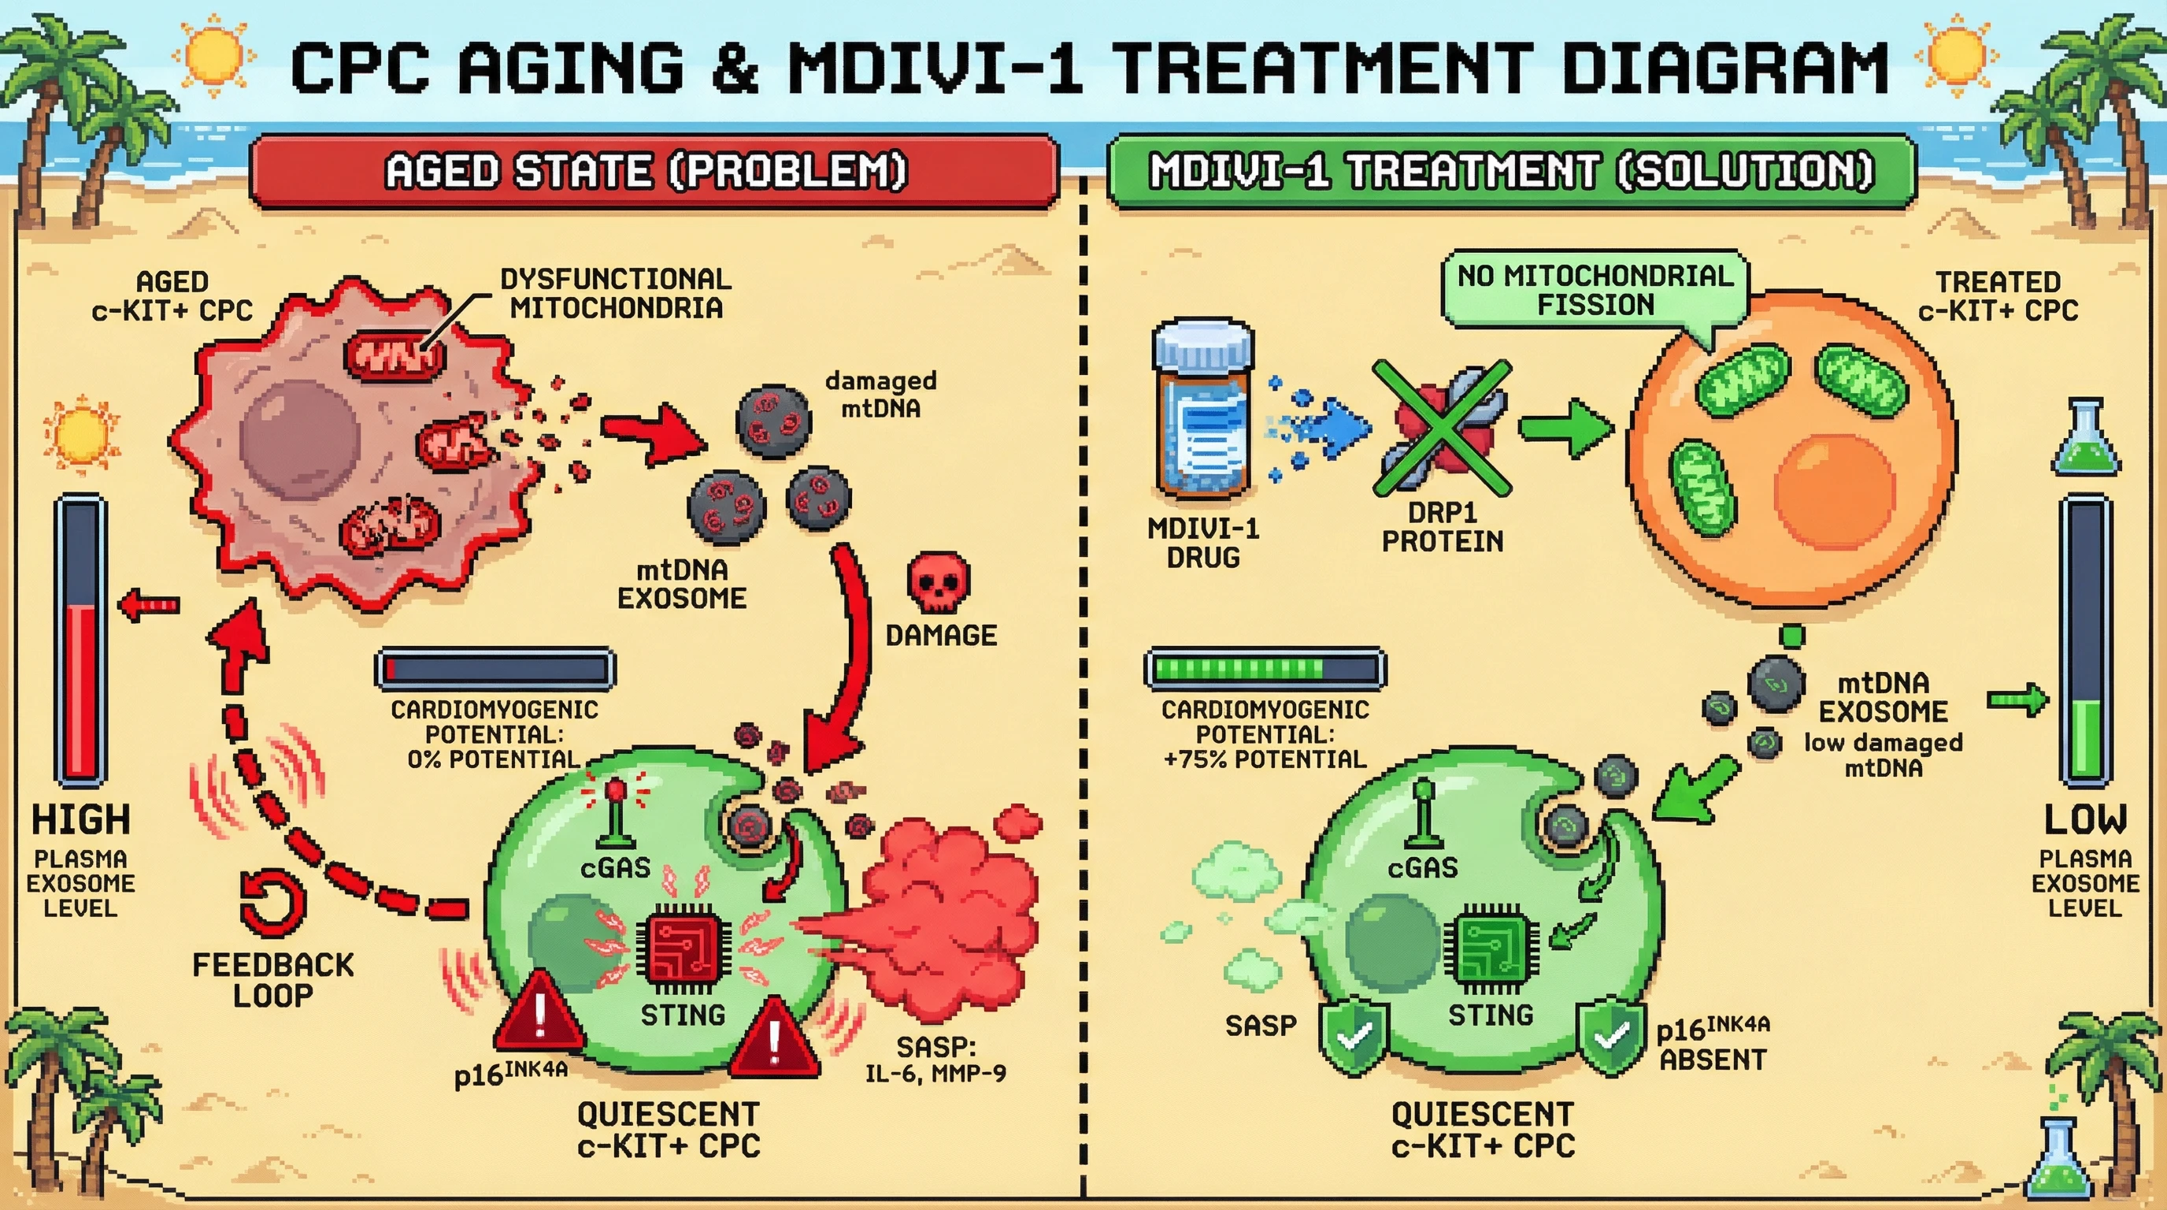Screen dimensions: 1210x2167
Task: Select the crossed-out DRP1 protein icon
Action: [1442, 428]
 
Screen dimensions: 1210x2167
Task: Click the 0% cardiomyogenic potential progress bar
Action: [495, 669]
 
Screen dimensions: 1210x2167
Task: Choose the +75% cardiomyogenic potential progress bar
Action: [1265, 669]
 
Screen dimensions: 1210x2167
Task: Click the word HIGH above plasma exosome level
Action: [81, 818]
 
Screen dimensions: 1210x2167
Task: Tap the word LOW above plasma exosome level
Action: [2084, 818]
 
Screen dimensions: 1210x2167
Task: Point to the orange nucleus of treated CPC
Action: [1834, 490]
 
